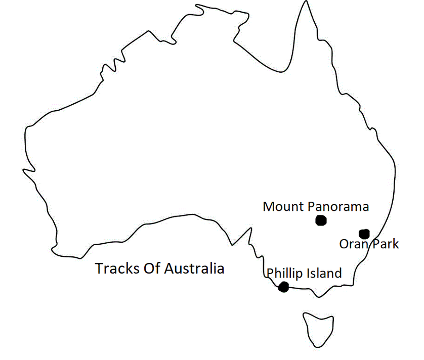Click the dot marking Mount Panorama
point(320,220)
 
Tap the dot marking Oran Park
point(364,234)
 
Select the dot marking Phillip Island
point(283,287)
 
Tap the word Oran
point(351,244)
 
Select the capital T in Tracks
point(99,268)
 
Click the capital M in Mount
point(268,207)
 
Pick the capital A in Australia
point(167,268)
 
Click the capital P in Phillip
point(270,274)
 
